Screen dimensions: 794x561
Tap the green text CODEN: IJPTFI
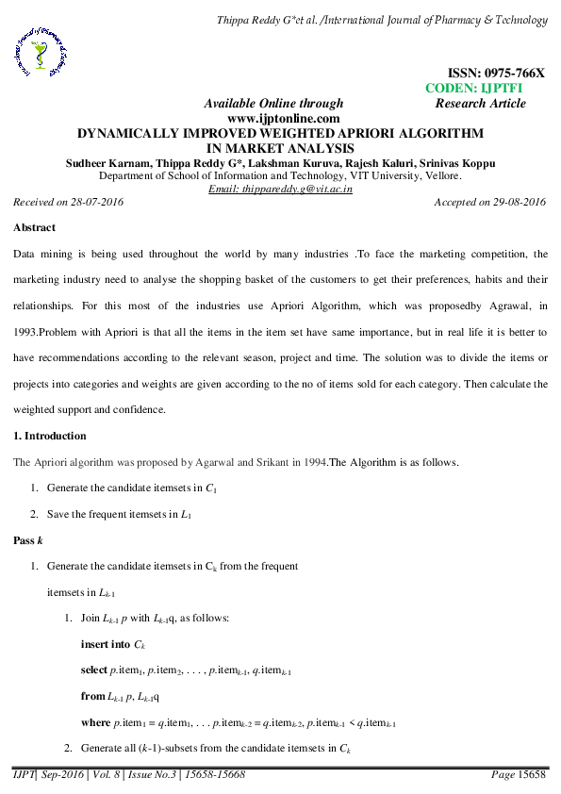pos(474,88)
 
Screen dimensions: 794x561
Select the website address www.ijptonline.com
pos(283,119)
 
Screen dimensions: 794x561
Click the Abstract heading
pos(34,227)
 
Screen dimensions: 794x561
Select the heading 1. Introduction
pos(50,437)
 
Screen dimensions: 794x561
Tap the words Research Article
pos(481,104)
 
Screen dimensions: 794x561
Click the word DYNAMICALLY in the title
pos(130,134)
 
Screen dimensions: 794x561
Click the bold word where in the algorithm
pos(95,723)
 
